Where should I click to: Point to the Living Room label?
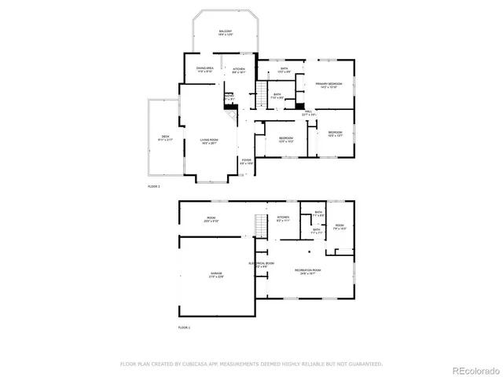(x=208, y=141)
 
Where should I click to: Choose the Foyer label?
(x=247, y=161)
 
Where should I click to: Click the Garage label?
(x=216, y=275)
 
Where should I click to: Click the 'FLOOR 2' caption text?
(x=153, y=186)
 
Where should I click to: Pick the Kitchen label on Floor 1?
(x=283, y=218)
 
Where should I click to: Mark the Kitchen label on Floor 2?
(x=239, y=70)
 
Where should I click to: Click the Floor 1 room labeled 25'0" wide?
(x=211, y=219)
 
